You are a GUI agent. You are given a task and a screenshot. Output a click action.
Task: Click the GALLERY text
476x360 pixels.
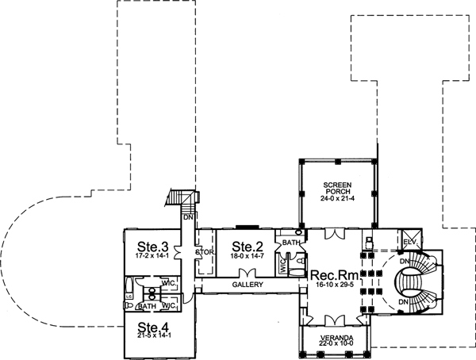point(248,284)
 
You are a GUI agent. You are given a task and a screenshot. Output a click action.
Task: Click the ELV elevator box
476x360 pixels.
point(410,241)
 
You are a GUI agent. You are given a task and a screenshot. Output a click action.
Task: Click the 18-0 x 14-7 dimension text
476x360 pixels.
point(247,257)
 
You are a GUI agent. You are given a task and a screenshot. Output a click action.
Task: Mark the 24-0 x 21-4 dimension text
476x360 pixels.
point(336,200)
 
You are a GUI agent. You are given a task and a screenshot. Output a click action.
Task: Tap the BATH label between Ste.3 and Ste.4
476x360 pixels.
point(148,305)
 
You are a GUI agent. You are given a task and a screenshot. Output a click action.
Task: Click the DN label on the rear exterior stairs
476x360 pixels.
point(188,216)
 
